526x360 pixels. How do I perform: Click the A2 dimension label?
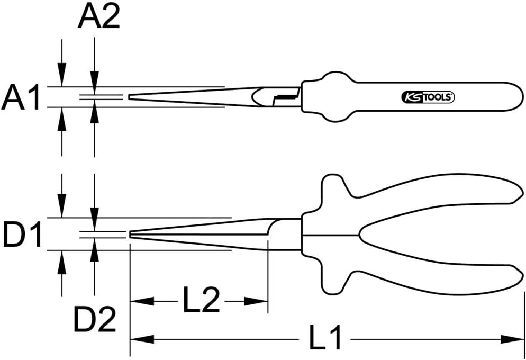pos(99,17)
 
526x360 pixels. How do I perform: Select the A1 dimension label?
pos(21,98)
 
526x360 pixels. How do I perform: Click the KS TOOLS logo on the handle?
pos(426,97)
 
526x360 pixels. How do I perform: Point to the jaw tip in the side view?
pos(131,234)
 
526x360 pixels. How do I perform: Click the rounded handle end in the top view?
pos(516,97)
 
